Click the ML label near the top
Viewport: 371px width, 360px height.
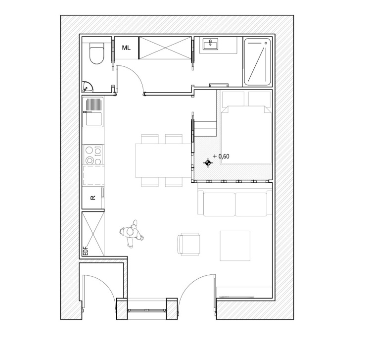(x=126, y=48)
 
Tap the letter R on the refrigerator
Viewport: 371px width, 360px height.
(x=93, y=198)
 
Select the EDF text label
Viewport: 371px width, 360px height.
(x=86, y=251)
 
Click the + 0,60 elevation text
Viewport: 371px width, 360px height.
(x=221, y=156)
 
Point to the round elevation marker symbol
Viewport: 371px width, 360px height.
(x=208, y=163)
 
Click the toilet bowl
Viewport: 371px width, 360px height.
(x=96, y=53)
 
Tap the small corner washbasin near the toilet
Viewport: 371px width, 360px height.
(x=87, y=87)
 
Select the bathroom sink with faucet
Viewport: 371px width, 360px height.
(x=210, y=44)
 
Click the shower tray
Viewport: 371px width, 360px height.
(x=257, y=62)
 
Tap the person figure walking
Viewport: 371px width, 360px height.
(x=132, y=234)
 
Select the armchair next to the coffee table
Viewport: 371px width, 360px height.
(x=188, y=244)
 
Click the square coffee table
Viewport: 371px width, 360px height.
(x=235, y=246)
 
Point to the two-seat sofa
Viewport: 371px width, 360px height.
(x=234, y=203)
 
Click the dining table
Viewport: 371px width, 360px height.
(x=163, y=160)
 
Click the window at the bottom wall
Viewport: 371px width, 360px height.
(x=147, y=310)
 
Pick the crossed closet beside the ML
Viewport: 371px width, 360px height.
(x=165, y=48)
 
